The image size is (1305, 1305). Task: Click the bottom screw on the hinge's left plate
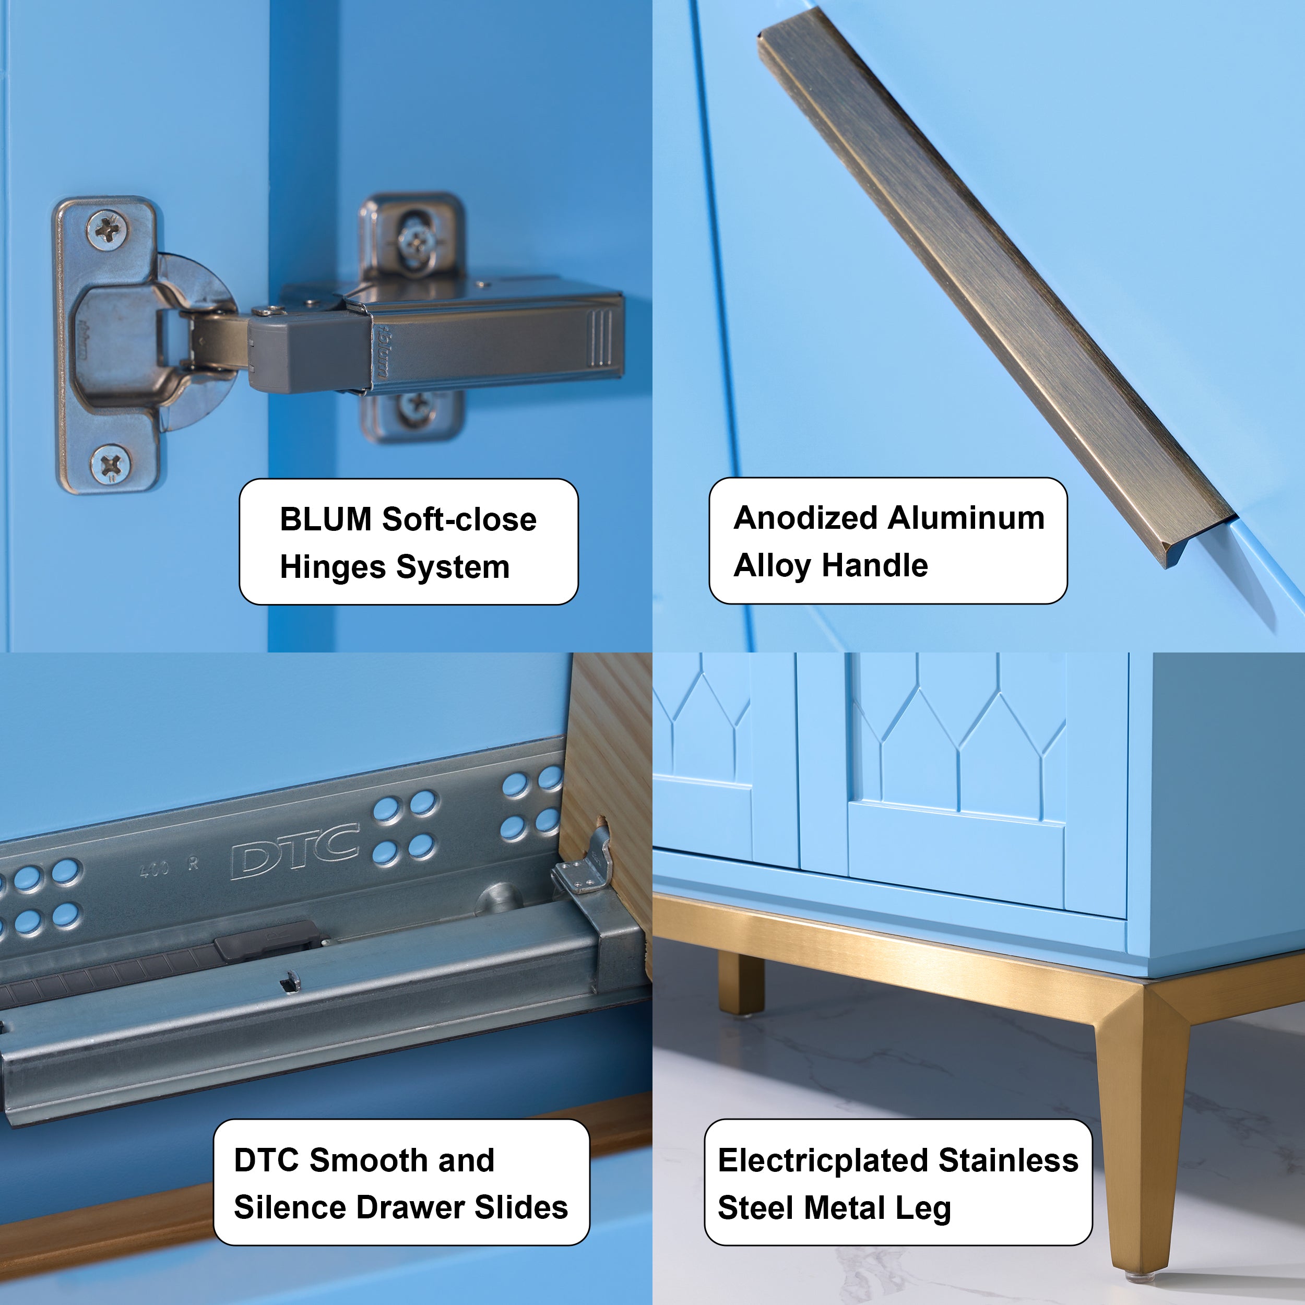coord(111,465)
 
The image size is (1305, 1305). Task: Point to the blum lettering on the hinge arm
coord(381,351)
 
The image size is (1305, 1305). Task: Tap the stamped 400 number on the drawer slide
coord(153,869)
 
